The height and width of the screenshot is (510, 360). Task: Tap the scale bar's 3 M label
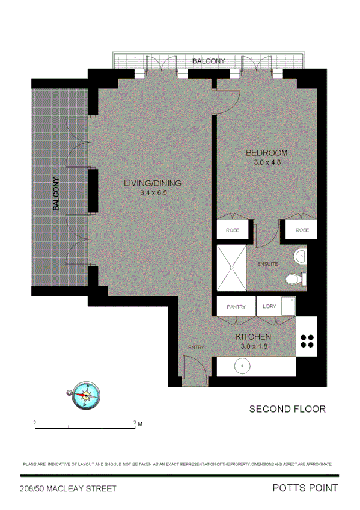[138, 423]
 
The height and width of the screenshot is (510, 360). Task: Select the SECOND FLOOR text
[287, 409]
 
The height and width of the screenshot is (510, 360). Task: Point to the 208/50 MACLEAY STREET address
[67, 489]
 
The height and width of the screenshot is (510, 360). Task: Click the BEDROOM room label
[267, 153]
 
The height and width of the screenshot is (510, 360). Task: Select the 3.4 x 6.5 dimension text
[153, 193]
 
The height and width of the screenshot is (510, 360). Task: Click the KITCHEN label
[253, 337]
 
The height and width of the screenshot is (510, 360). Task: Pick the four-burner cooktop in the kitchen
[307, 341]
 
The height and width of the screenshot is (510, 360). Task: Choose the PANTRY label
[236, 307]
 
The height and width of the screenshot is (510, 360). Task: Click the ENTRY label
[196, 348]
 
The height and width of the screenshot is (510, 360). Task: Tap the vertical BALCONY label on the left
[56, 194]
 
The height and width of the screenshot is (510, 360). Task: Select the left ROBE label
[233, 230]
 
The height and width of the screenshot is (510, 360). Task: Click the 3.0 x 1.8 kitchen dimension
[253, 346]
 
